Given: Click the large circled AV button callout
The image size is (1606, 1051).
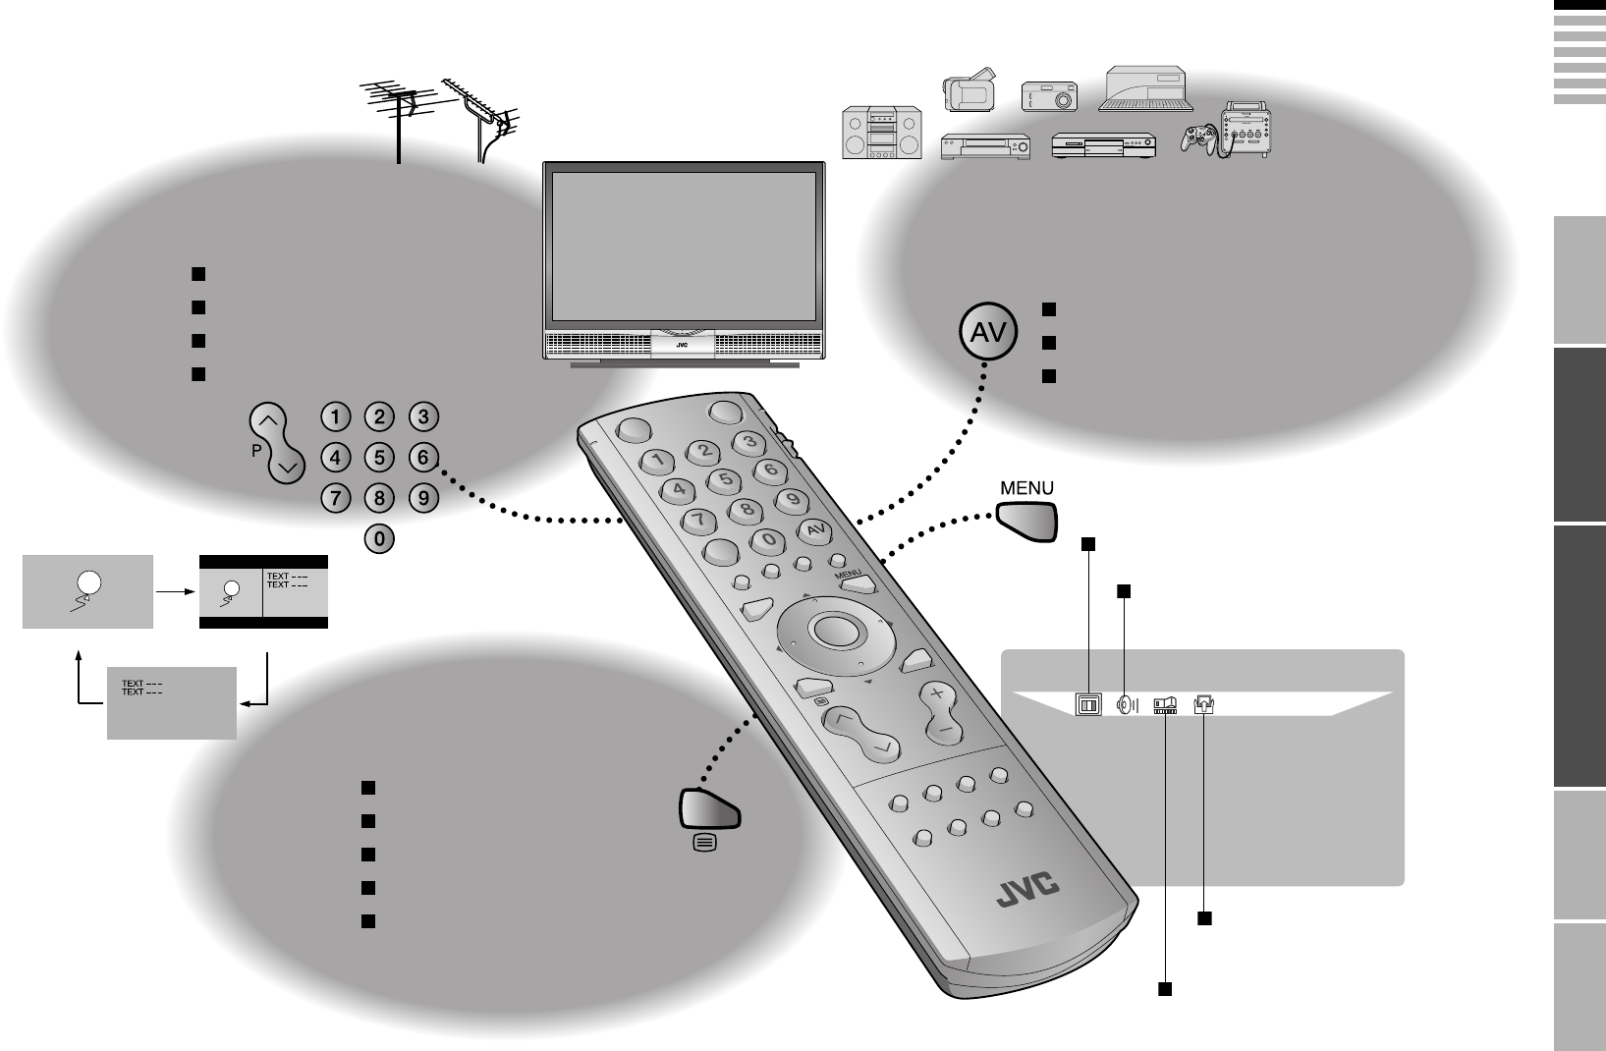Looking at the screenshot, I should tap(987, 333).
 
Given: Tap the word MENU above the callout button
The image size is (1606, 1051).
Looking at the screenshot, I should tap(1025, 488).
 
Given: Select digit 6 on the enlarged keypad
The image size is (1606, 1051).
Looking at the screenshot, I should tap(422, 457).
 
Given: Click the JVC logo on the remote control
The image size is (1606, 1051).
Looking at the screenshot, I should tap(1029, 888).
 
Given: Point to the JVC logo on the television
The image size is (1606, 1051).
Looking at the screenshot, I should tap(682, 345).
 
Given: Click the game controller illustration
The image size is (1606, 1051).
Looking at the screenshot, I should tap(1198, 140).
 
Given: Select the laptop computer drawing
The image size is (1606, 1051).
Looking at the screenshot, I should tap(1147, 88).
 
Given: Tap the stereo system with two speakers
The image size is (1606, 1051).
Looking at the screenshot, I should tap(882, 133).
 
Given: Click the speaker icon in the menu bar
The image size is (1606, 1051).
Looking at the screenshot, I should tap(1128, 704).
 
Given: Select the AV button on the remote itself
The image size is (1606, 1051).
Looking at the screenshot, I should tap(813, 531).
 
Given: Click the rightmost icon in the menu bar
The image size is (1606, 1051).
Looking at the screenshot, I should tap(1204, 704).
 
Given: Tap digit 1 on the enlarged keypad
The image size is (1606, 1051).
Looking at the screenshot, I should tap(336, 416).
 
